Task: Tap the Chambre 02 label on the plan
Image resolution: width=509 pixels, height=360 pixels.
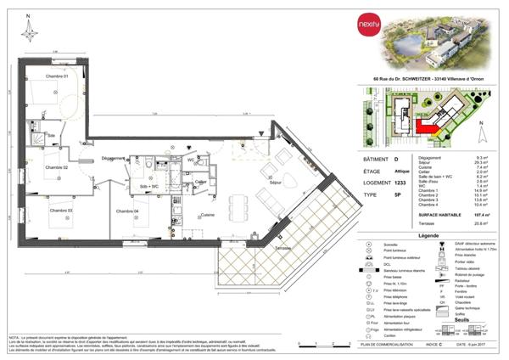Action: pos(58,168)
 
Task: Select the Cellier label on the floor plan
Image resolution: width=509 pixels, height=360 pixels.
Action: pos(201,182)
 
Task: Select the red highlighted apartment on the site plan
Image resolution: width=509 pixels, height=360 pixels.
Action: pos(428,127)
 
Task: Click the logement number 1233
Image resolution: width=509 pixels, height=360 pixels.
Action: pos(403,182)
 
